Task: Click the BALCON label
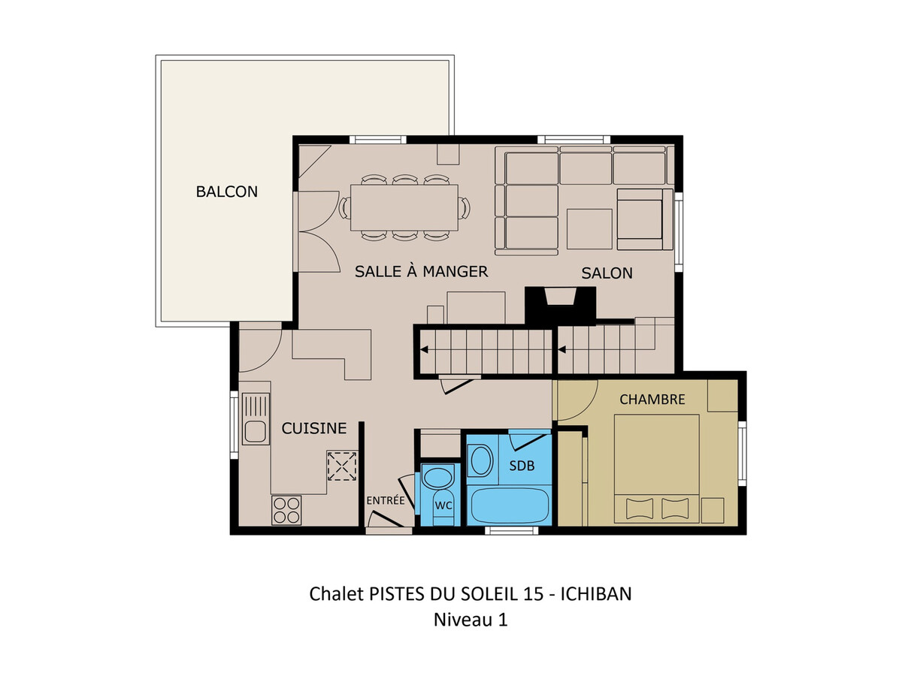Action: [226, 192]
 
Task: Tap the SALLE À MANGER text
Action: [421, 271]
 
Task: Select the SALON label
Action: [607, 273]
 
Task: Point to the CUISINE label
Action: [314, 428]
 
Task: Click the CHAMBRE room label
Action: [652, 400]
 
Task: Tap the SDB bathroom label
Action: [522, 466]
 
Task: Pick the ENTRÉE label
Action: [386, 500]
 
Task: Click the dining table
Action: [404, 207]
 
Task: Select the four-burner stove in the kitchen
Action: [286, 510]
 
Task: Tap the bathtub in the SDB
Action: [510, 505]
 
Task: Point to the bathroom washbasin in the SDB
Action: [481, 461]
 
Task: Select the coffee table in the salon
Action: [589, 229]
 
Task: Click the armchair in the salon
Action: [644, 219]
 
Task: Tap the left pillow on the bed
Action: [640, 509]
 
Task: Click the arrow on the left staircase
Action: [424, 350]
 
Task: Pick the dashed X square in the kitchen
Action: [342, 466]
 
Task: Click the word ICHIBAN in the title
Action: [596, 594]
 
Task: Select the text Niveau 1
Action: [471, 620]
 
